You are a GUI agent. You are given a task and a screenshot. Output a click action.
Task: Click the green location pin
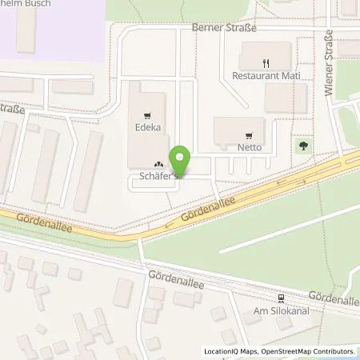181,161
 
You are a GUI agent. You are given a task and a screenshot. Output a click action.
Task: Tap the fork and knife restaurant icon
265,62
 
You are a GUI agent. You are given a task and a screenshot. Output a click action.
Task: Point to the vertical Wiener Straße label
329,47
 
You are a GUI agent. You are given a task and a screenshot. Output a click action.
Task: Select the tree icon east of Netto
303,146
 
